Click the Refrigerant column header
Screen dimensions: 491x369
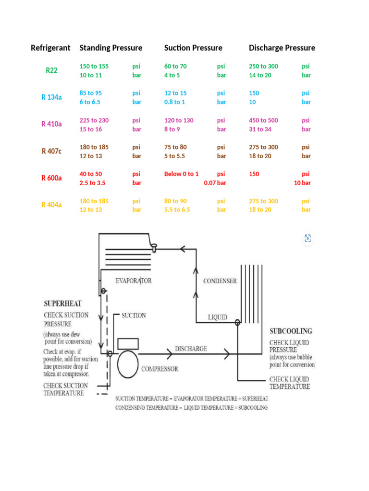pyautogui.click(x=50, y=48)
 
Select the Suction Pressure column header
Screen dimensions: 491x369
pyautogui.click(x=193, y=48)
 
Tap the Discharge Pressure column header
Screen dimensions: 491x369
pyautogui.click(x=282, y=48)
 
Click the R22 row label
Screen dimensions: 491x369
pyautogui.click(x=51, y=70)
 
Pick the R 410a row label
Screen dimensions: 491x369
pyautogui.click(x=51, y=124)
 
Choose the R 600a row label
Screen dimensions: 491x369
pyautogui.click(x=51, y=178)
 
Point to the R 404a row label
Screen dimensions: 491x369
pyautogui.click(x=51, y=205)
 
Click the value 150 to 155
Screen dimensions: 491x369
pyautogui.click(x=94, y=66)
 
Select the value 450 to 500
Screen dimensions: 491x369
pyautogui.click(x=263, y=120)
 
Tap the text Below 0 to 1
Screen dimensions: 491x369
pyautogui.click(x=181, y=174)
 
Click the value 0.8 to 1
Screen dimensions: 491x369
pyautogui.click(x=175, y=102)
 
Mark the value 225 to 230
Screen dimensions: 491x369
pyautogui.click(x=94, y=120)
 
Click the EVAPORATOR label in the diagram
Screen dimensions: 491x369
pyautogui.click(x=134, y=281)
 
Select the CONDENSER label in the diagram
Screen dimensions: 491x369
pyautogui.click(x=220, y=281)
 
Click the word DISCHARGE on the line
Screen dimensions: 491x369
pyautogui.click(x=191, y=349)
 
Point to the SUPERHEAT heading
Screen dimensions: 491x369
pyautogui.click(x=62, y=304)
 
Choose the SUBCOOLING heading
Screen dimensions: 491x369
pyautogui.click(x=291, y=331)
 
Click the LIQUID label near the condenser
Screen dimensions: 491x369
pyautogui.click(x=218, y=317)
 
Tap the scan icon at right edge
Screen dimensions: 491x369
pyautogui.click(x=308, y=238)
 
